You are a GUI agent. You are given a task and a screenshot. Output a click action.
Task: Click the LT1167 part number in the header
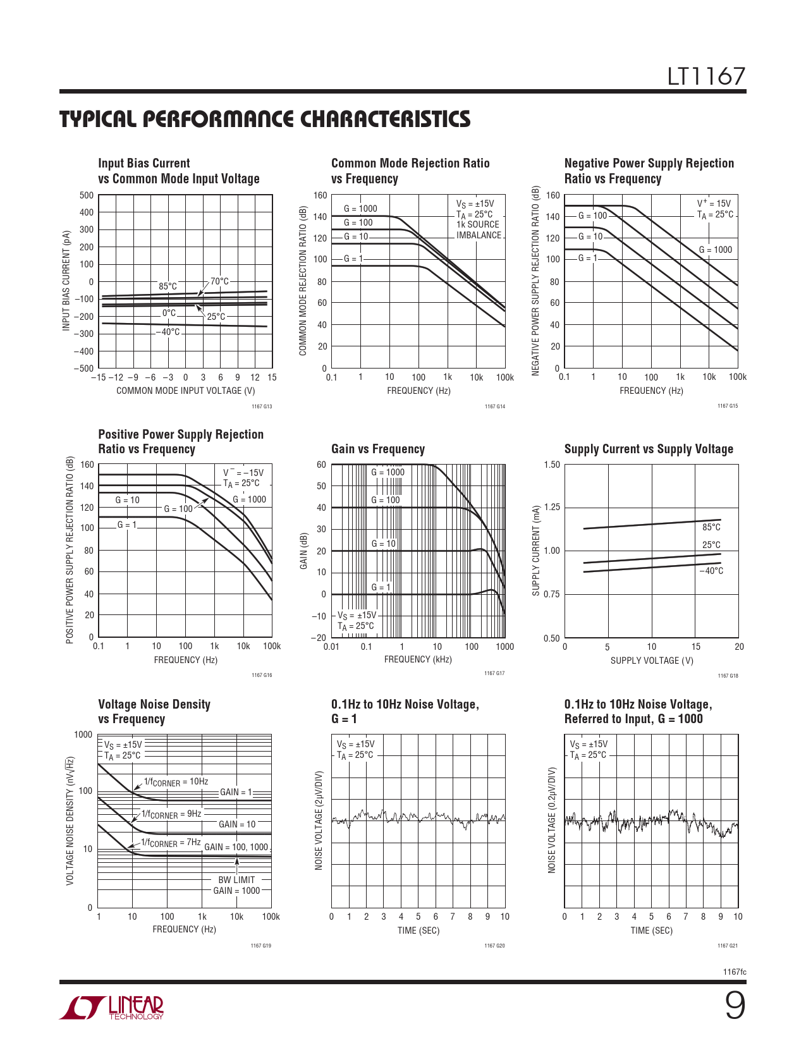pyautogui.click(x=706, y=76)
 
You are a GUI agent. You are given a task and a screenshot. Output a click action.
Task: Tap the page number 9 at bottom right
pyautogui.click(x=734, y=1006)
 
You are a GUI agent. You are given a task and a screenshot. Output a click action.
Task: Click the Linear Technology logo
pyautogui.click(x=112, y=1008)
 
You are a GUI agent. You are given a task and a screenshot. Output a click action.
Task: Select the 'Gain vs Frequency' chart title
pyautogui.click(x=377, y=449)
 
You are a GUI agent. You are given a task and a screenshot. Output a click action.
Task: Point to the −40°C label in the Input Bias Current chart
pyautogui.click(x=168, y=332)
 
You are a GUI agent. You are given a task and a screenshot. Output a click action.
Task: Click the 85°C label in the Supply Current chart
pyautogui.click(x=711, y=527)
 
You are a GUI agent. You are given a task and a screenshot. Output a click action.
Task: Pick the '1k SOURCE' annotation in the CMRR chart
pyautogui.click(x=477, y=224)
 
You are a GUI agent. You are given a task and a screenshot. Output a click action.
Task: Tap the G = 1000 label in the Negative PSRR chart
pyautogui.click(x=715, y=250)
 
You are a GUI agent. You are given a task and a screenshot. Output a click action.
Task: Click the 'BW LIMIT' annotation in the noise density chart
pyautogui.click(x=236, y=880)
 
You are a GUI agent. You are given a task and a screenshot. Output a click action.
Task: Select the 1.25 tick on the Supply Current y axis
pyautogui.click(x=552, y=508)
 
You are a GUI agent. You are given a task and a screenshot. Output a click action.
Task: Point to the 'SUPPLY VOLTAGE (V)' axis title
pyautogui.click(x=652, y=661)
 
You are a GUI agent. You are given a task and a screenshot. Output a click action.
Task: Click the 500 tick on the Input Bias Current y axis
pyautogui.click(x=87, y=195)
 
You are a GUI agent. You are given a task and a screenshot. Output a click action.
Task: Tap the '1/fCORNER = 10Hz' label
pyautogui.click(x=176, y=782)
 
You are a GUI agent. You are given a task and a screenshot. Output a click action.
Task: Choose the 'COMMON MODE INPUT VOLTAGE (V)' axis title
pyautogui.click(x=185, y=391)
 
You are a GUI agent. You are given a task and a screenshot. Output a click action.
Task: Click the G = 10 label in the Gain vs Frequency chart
pyautogui.click(x=383, y=544)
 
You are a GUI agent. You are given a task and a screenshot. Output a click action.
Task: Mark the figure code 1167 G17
pyautogui.click(x=494, y=673)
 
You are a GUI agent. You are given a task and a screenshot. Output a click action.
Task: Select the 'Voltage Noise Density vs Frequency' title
pyautogui.click(x=154, y=711)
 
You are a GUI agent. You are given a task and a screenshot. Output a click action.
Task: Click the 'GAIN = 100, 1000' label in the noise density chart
pyautogui.click(x=236, y=847)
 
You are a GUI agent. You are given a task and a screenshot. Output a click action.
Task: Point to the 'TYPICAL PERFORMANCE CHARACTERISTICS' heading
pyautogui.click(x=265, y=119)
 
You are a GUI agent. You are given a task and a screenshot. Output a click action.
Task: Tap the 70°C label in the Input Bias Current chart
pyautogui.click(x=219, y=281)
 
